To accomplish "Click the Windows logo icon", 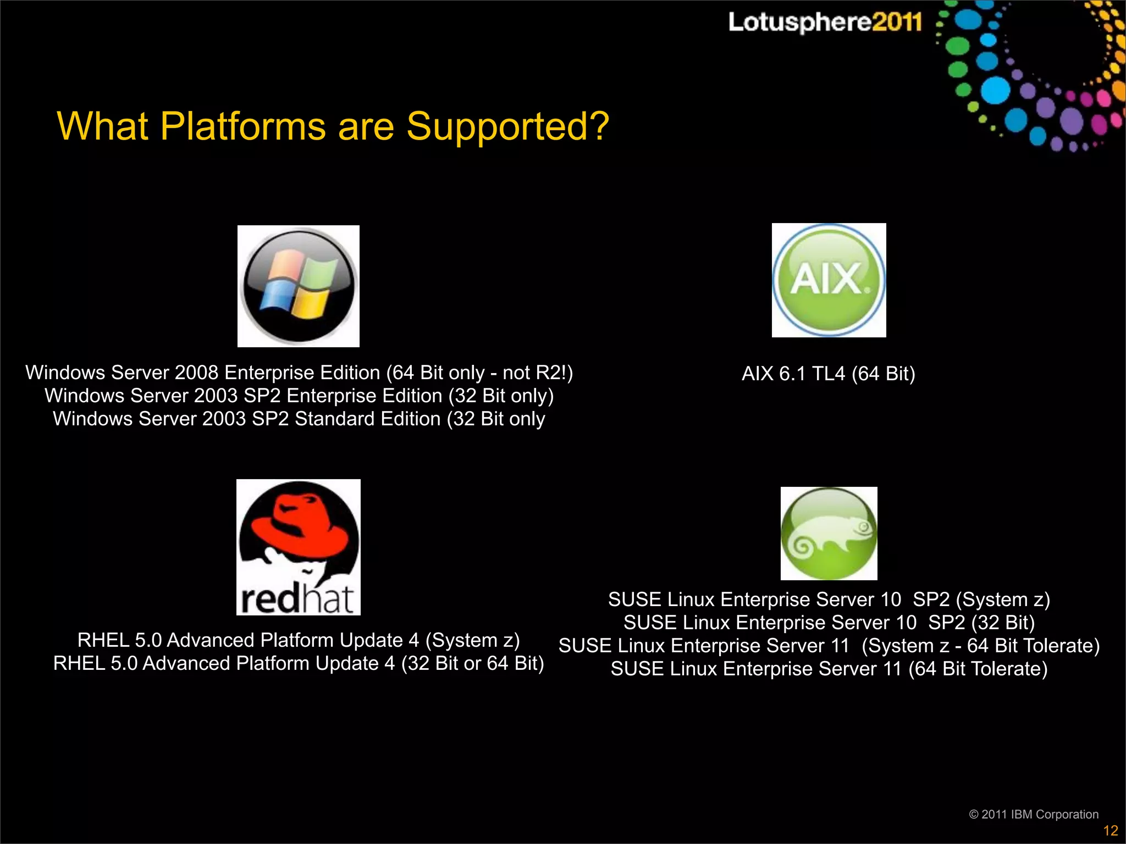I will point(299,286).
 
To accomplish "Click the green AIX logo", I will point(829,280).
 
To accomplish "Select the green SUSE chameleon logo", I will point(829,534).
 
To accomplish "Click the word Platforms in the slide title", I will point(242,126).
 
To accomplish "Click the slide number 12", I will point(1110,830).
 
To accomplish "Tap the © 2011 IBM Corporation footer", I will point(1033,814).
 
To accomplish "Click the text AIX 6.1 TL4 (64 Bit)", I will point(828,374).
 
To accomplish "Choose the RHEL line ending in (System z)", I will point(299,640).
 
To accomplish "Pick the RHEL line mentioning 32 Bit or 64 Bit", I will point(299,663).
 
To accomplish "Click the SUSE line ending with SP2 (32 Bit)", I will point(829,623).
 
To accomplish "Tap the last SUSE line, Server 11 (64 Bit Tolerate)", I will point(829,669).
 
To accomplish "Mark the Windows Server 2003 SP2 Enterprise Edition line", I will point(299,396).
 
